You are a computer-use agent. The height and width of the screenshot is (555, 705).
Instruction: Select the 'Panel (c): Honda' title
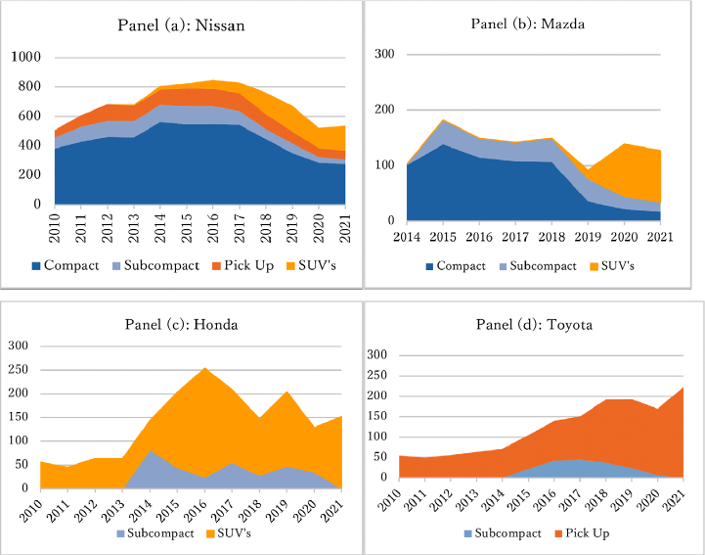[178, 325]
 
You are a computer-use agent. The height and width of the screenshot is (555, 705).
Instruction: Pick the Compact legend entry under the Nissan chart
[66, 265]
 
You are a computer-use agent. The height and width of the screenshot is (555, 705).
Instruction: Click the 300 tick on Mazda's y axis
[384, 54]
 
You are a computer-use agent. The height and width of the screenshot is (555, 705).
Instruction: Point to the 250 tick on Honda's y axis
[19, 369]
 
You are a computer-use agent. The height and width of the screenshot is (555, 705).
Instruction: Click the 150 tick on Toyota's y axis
[376, 416]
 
